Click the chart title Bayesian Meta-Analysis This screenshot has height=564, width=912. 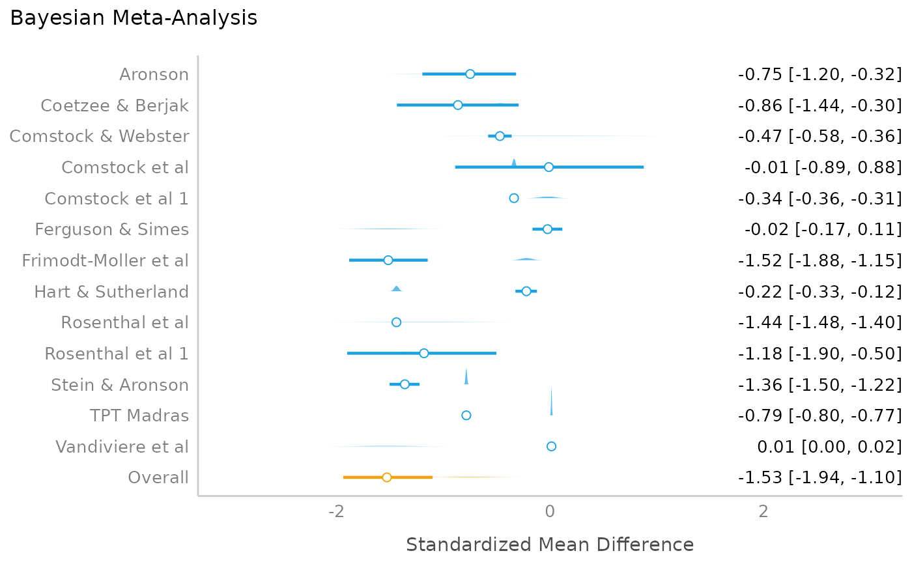coord(134,18)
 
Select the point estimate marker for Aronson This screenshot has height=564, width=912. coord(470,74)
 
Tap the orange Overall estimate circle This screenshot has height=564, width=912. coord(386,477)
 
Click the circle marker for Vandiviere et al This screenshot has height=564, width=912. coord(551,446)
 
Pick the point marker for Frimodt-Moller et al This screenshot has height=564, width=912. coord(388,260)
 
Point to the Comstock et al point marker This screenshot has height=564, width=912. coord(549,167)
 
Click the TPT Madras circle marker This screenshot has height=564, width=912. coord(466,416)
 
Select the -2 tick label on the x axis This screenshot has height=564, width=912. coord(336,511)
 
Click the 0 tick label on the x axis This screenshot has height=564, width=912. coord(550,511)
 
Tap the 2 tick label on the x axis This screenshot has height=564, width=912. coord(763,511)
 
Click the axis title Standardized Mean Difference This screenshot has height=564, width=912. coord(550,544)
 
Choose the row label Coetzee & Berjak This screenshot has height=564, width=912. coord(115,106)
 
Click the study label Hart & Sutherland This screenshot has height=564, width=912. coord(111,292)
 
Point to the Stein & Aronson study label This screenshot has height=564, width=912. coord(120,385)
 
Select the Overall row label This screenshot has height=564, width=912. coord(158,478)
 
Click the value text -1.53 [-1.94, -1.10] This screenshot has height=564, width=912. coord(819,478)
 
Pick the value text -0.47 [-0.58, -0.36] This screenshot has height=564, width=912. coord(819,136)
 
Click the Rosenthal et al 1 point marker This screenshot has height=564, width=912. coord(423,353)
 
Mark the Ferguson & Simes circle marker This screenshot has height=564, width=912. coord(547,229)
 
